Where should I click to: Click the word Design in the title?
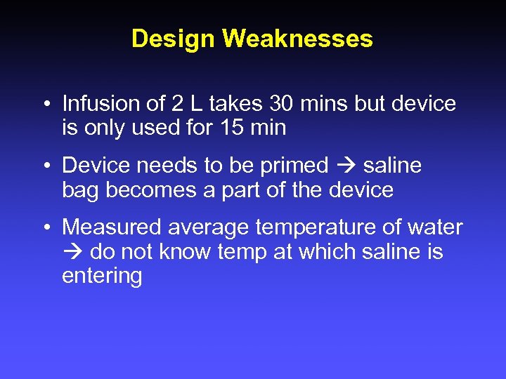point(174,39)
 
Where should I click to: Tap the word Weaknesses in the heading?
point(297,39)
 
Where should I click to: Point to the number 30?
point(278,105)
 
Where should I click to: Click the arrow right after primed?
point(346,166)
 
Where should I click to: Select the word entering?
point(102,276)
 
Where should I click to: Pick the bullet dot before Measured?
point(44,228)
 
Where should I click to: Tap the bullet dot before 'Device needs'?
point(44,166)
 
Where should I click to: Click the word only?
point(101,128)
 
